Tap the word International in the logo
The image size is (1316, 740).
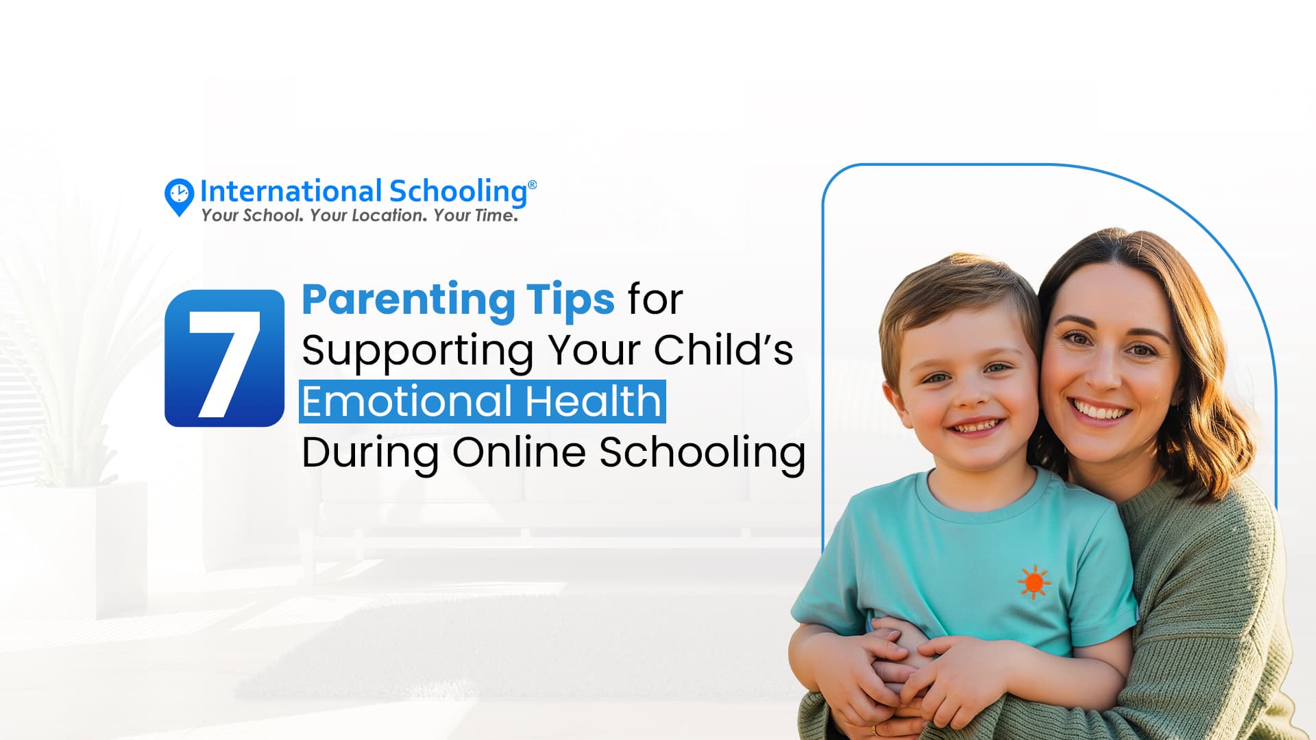[291, 191]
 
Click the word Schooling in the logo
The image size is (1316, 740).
[458, 193]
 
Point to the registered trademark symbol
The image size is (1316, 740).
[533, 185]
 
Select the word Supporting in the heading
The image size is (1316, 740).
[417, 352]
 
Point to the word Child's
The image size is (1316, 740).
[723, 349]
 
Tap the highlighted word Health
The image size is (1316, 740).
[593, 402]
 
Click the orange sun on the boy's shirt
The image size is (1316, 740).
[1034, 582]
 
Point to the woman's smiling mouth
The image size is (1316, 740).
[1101, 411]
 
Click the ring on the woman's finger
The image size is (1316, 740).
[873, 730]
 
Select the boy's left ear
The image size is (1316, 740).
[892, 404]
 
